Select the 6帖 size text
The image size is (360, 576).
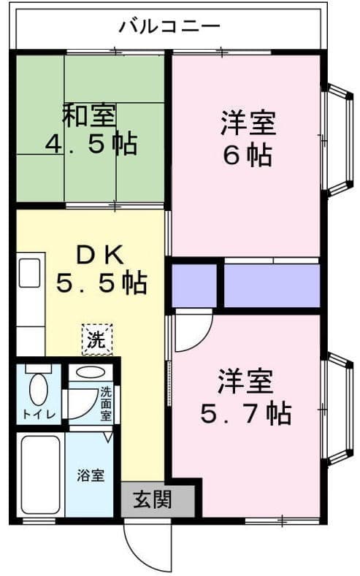coord(248,155)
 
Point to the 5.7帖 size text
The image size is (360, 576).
coord(245,414)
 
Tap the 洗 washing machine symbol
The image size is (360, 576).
coord(97,339)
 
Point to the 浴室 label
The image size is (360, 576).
coord(91,475)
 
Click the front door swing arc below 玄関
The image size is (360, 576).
coord(146,546)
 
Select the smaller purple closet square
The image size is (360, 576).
coord(194,285)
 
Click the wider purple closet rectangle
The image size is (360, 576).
coord(272,285)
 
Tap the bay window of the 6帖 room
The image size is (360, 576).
coord(337,140)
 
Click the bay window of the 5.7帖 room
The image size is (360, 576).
coord(337,409)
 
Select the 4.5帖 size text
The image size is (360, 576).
coord(91,144)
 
